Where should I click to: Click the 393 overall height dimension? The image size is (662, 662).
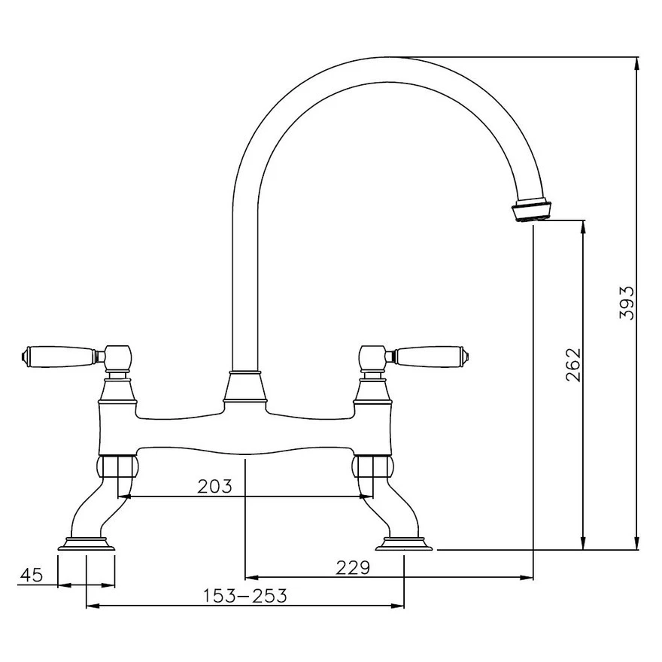pyautogui.click(x=627, y=302)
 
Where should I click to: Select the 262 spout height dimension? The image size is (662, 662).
pyautogui.click(x=573, y=364)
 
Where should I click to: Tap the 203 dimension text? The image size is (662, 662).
pyautogui.click(x=215, y=486)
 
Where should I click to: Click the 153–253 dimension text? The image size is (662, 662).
pyautogui.click(x=245, y=596)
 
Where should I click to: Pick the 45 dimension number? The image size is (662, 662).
pyautogui.click(x=31, y=575)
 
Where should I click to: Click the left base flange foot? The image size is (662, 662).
pyautogui.click(x=86, y=544)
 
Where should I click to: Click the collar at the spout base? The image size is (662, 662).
pyautogui.click(x=245, y=388)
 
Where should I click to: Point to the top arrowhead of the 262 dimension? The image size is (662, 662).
pyautogui.click(x=584, y=226)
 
